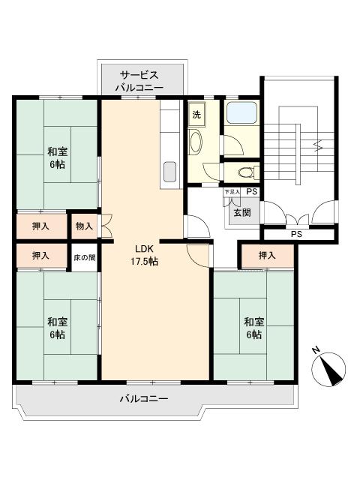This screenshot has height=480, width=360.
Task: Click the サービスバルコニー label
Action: [140, 81]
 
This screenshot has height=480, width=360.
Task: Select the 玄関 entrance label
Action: [241, 212]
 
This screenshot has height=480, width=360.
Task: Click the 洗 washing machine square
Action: [196, 115]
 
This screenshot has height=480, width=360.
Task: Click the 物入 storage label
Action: [84, 226]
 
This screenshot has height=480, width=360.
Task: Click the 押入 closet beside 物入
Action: [41, 226]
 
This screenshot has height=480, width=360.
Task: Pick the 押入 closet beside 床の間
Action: [41, 256]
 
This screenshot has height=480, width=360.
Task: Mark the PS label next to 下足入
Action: [251, 193]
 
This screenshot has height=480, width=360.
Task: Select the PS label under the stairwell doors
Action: [297, 235]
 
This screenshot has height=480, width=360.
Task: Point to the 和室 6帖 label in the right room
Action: [253, 328]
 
